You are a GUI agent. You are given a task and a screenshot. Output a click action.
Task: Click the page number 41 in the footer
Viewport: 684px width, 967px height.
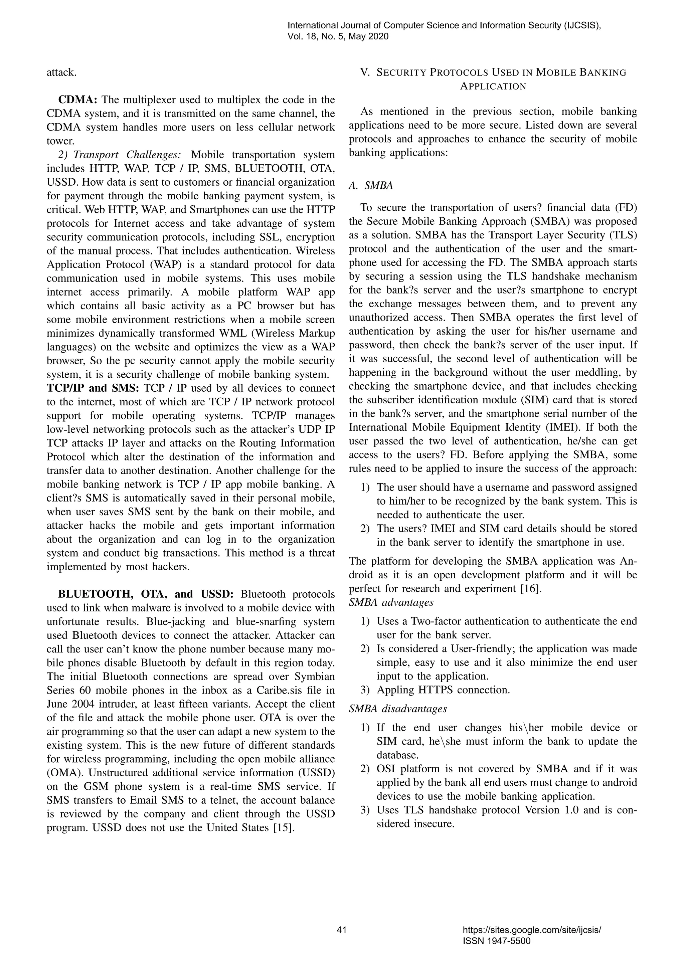tap(342, 930)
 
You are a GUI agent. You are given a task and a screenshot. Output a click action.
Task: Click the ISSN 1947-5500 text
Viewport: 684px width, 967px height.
tap(496, 941)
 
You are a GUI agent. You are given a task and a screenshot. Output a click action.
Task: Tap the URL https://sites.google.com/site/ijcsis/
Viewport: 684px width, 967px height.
tap(531, 930)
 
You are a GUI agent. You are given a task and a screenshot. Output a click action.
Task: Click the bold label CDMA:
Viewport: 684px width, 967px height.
tap(78, 100)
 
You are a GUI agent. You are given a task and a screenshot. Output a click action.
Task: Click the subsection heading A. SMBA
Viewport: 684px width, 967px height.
tap(371, 186)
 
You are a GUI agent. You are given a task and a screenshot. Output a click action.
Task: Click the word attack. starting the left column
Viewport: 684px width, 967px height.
tap(61, 72)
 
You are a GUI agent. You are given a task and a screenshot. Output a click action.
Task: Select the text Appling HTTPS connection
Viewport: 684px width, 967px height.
tap(443, 690)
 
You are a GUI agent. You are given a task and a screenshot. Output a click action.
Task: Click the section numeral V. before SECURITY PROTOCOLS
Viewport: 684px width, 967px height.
tap(365, 72)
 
